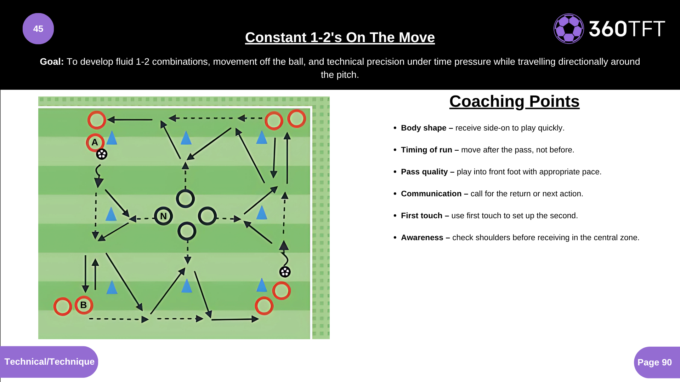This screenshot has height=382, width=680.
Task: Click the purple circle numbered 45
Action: [x=38, y=29]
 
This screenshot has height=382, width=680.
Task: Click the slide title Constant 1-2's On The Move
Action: [x=340, y=37]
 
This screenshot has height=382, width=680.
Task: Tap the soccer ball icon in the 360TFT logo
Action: [x=569, y=29]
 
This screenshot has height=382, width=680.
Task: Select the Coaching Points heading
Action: [x=514, y=102]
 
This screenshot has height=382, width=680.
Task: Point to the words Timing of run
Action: [x=426, y=150]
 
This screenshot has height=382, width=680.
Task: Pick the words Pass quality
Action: [x=424, y=172]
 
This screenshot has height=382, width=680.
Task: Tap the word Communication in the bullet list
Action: [x=431, y=194]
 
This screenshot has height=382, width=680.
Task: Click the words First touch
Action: [x=421, y=216]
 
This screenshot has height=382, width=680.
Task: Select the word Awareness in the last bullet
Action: [x=422, y=238]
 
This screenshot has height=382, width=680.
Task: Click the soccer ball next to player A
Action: [x=102, y=154]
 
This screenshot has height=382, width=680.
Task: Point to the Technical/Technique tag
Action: [x=49, y=362]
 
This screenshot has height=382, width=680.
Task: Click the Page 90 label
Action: [x=654, y=363]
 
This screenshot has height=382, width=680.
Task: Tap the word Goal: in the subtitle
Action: [x=52, y=62]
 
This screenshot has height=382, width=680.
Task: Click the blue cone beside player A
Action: [x=112, y=138]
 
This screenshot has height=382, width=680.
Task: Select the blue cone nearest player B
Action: [x=112, y=287]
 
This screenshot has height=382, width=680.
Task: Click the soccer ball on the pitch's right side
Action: [x=285, y=272]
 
